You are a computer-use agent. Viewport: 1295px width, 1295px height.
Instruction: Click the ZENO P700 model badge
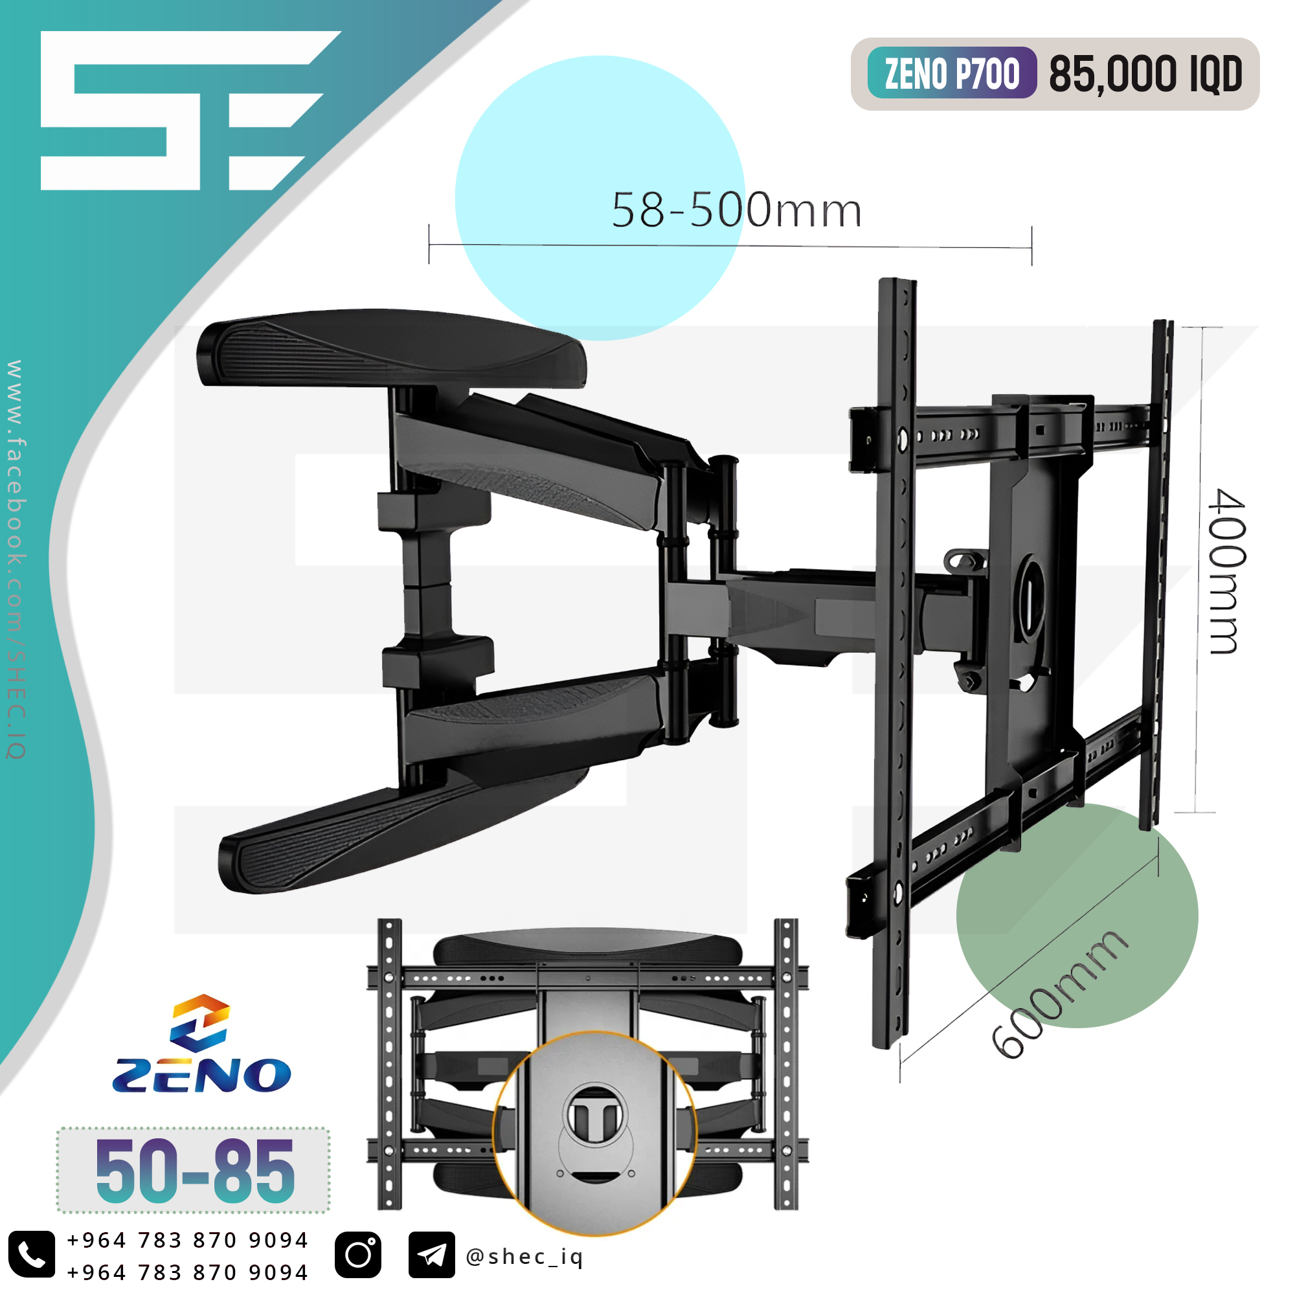(951, 73)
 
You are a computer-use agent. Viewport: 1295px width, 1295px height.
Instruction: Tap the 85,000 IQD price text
(1145, 74)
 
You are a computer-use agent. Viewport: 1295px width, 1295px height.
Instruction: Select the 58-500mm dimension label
(736, 210)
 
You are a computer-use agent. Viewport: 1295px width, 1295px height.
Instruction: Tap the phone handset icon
(32, 1254)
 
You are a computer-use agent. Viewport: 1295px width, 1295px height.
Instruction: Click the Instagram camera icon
(358, 1254)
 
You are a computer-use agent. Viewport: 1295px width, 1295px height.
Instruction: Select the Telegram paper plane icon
(432, 1254)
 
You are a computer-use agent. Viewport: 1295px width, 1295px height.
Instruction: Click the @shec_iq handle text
(524, 1257)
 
